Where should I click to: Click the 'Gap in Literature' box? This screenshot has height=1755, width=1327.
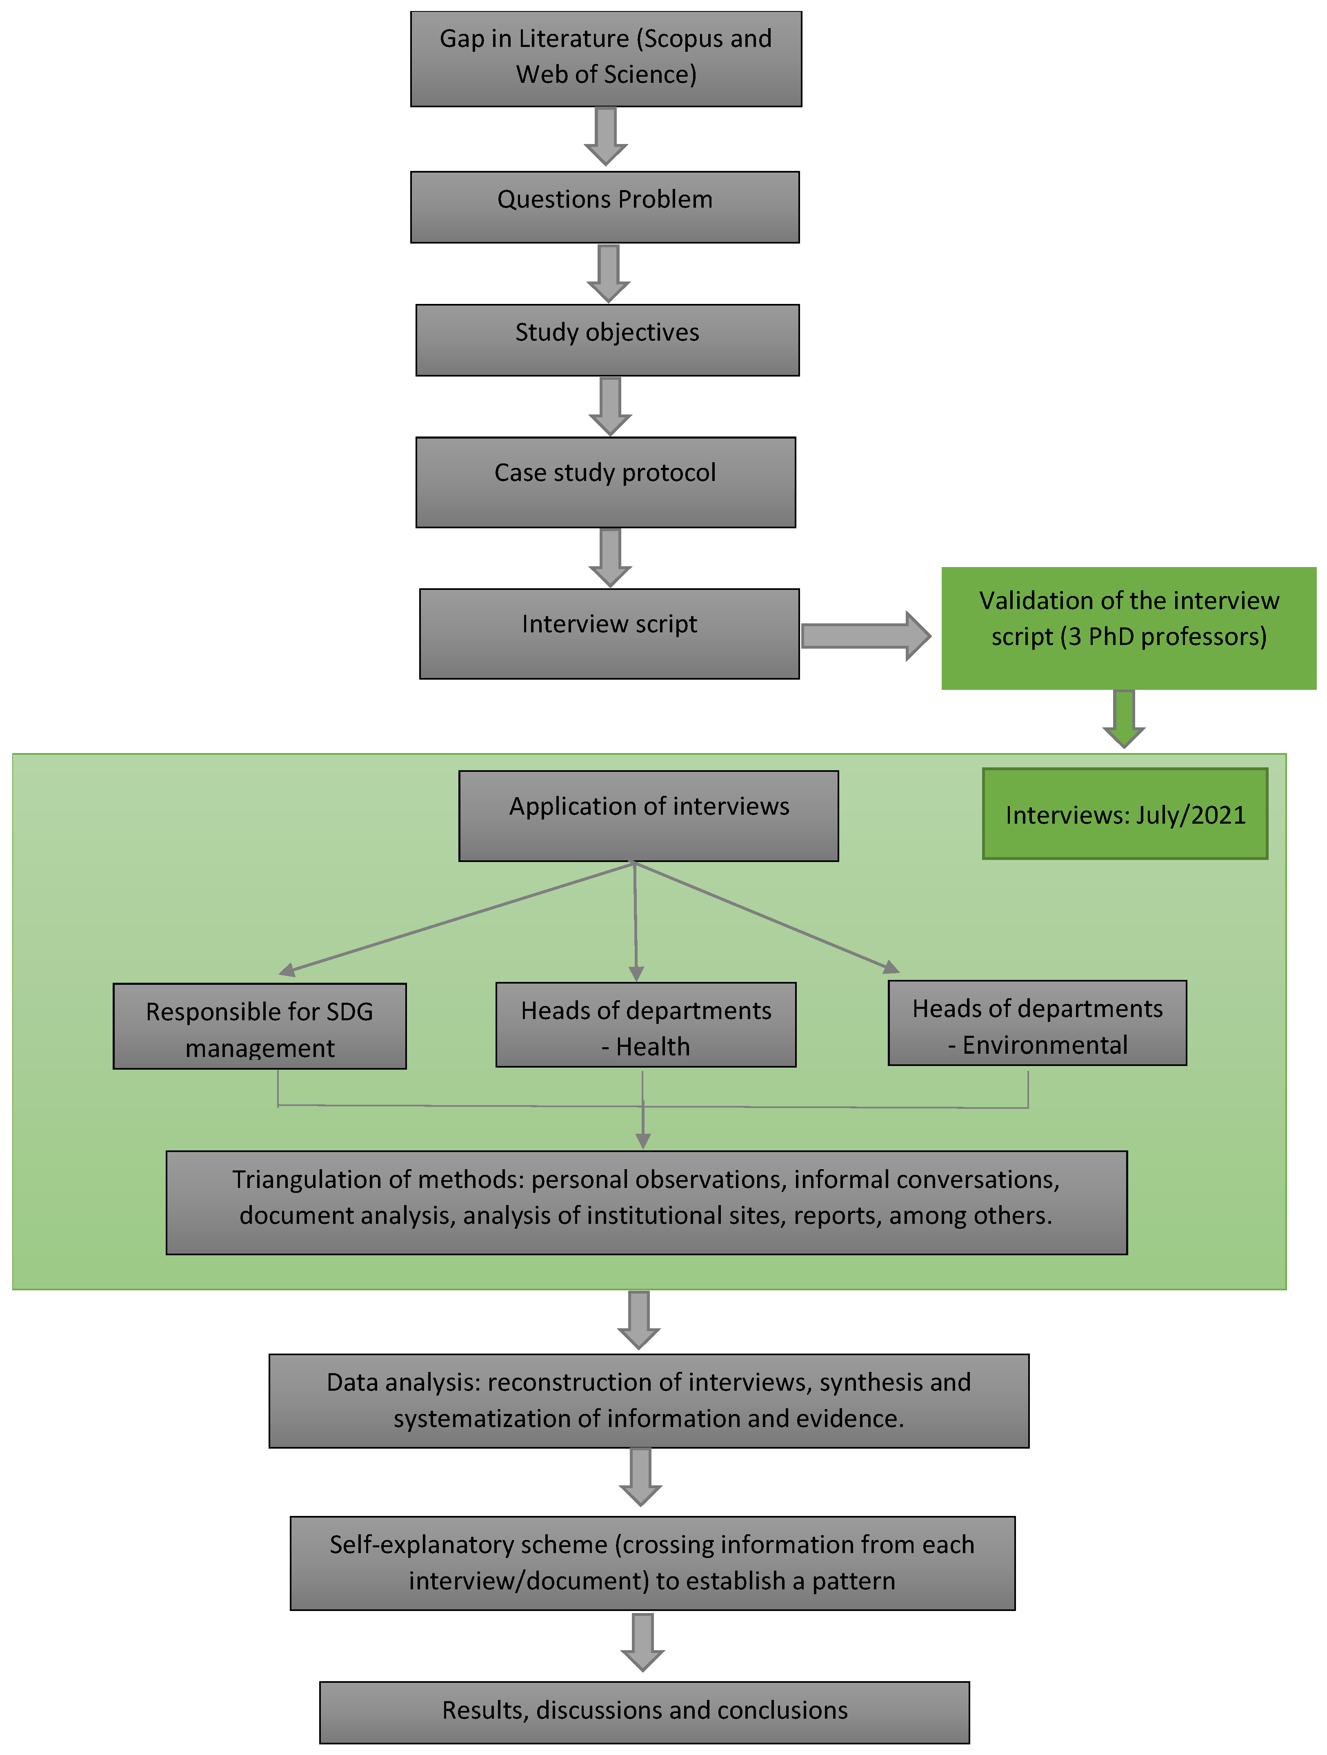click(606, 59)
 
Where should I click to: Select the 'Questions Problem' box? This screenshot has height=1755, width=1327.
click(605, 207)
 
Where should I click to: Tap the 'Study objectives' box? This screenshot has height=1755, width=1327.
click(607, 339)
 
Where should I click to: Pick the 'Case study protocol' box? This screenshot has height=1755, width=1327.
click(606, 482)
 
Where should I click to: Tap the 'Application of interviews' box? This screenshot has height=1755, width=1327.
click(649, 815)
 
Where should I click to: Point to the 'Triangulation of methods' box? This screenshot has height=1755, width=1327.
click(646, 1202)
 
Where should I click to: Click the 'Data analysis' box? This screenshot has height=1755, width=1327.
click(649, 1400)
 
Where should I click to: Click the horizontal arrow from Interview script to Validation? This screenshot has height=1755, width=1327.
click(865, 636)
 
